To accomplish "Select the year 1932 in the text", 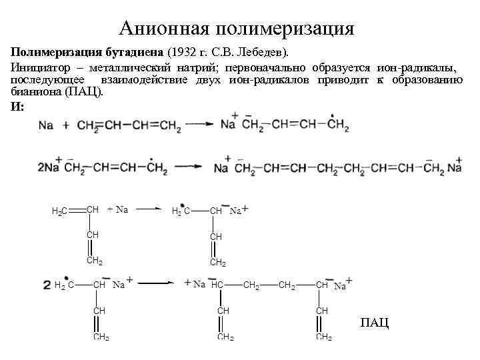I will pos(185,52).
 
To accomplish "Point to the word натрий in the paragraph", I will pos(200,68).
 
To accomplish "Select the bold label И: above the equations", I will pos(17,107).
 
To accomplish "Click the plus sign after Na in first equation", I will pos(66,125).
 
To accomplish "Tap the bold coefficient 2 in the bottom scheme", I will pos(47,285).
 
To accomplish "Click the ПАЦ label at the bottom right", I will pos(374,323).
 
